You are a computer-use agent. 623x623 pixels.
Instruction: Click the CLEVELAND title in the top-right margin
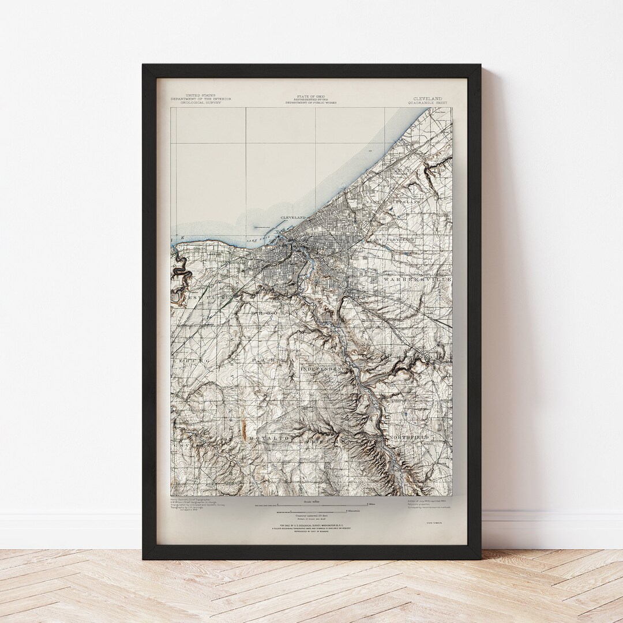coord(427,99)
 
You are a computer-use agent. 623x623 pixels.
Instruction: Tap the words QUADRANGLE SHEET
coord(427,103)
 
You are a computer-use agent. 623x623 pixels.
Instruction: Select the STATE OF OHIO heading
coord(311,96)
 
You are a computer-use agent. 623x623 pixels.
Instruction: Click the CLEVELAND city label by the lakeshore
coord(293,217)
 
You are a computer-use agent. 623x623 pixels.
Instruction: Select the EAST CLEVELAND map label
coord(392,239)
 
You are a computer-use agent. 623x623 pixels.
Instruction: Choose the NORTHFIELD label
coord(410,438)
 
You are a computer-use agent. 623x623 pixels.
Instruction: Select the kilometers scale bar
coord(311,511)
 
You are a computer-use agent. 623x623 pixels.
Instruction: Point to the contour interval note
coord(311,515)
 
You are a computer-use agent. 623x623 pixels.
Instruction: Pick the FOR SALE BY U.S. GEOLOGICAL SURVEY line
coord(311,527)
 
